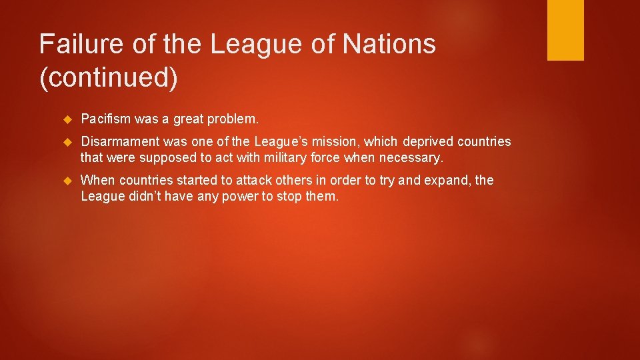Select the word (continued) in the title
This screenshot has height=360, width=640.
tap(109, 78)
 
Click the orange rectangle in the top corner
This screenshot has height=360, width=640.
tap(565, 29)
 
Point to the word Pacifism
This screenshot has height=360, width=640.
tap(105, 119)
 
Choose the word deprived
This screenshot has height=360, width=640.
tap(429, 142)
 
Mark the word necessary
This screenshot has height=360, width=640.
tap(413, 158)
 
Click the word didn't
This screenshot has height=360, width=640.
tap(143, 197)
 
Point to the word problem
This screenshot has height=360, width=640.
tap(233, 119)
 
